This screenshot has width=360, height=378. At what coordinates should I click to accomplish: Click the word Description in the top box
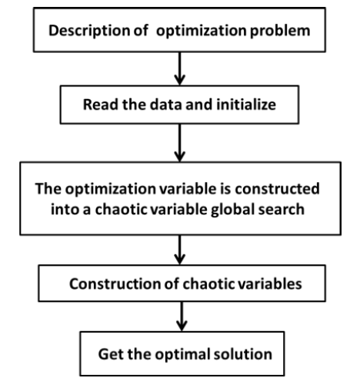89,31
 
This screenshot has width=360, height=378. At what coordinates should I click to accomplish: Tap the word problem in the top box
280,31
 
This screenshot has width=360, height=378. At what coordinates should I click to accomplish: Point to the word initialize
246,104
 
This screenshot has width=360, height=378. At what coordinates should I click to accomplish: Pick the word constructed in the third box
277,189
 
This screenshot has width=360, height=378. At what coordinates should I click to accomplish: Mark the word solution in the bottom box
243,354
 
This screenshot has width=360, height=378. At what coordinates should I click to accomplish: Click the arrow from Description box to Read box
180,68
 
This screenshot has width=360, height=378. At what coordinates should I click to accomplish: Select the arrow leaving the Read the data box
180,143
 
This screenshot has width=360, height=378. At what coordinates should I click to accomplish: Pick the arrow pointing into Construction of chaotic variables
180,250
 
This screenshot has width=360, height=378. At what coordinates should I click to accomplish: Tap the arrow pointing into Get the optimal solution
182,317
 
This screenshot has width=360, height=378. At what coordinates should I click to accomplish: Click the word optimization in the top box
202,31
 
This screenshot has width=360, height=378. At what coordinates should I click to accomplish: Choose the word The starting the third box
48,189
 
